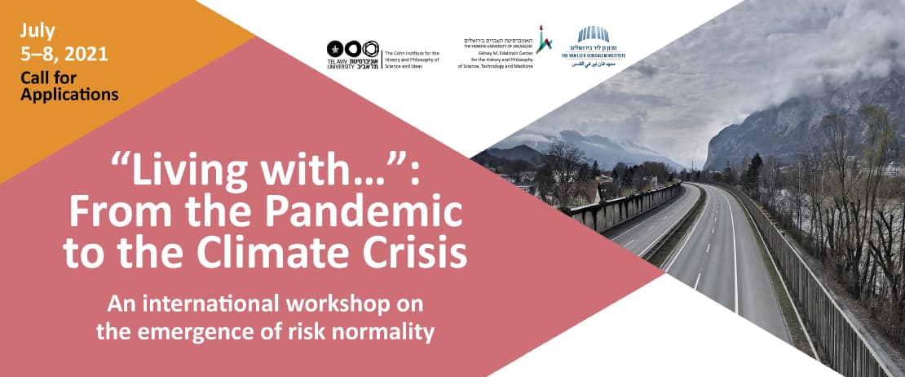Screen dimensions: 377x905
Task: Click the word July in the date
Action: pyautogui.click(x=39, y=32)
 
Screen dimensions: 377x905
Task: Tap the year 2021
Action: pyautogui.click(x=90, y=55)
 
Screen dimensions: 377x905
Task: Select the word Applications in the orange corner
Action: pyautogui.click(x=70, y=95)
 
